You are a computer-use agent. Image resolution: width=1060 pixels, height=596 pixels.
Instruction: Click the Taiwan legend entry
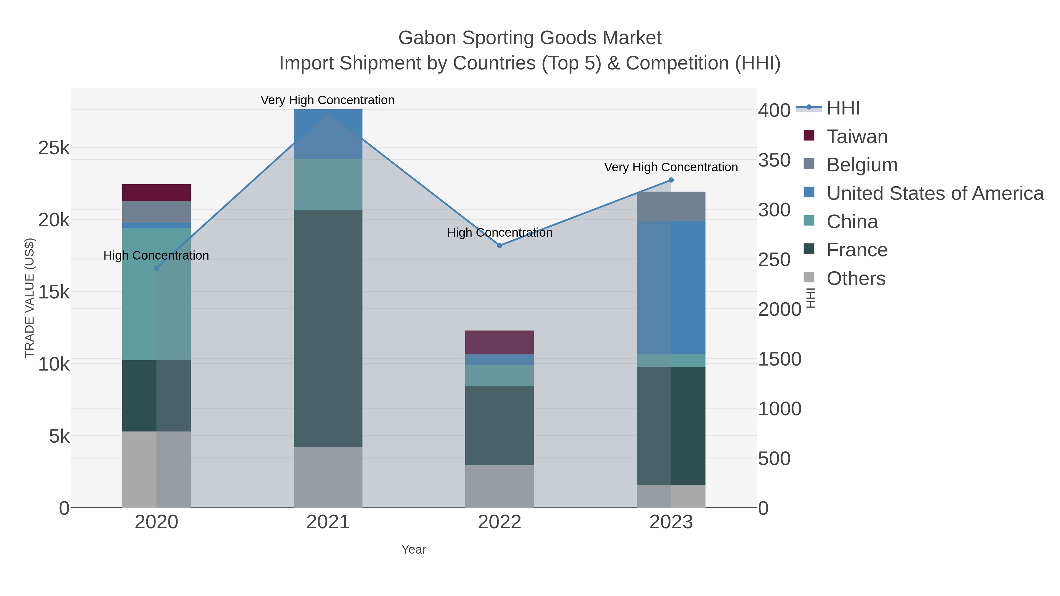[x=857, y=137]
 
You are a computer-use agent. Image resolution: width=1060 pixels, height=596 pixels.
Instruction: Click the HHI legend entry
[x=843, y=108]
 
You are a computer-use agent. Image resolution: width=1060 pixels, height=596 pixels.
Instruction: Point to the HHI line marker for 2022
[x=500, y=245]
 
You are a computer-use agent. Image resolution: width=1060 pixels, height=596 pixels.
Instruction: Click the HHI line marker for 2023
[x=671, y=180]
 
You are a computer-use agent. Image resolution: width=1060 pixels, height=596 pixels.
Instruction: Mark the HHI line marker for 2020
[x=156, y=268]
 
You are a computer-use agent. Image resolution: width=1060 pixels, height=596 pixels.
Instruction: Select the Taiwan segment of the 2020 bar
[x=156, y=192]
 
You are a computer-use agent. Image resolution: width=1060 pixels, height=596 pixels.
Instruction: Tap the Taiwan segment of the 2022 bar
[x=500, y=342]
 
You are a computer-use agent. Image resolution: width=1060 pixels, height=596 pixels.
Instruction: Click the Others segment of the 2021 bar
[x=328, y=477]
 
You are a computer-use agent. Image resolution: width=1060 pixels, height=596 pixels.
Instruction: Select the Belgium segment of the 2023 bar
[x=671, y=206]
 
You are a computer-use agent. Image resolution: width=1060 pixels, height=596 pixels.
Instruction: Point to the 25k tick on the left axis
[x=54, y=148]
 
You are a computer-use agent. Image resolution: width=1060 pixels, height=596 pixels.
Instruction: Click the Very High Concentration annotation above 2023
[x=671, y=167]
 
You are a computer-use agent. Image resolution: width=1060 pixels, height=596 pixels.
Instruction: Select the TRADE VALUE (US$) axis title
[x=30, y=298]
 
